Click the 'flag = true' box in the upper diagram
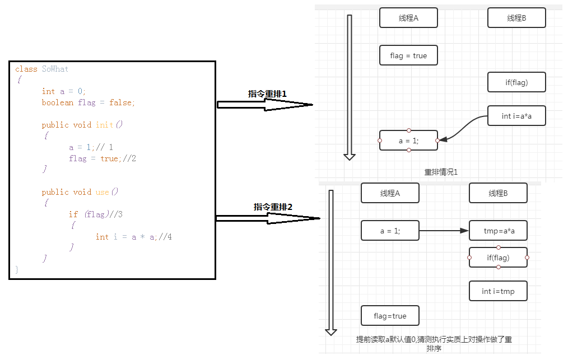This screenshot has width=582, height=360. (x=408, y=55)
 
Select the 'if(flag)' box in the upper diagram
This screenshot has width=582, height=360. (x=516, y=82)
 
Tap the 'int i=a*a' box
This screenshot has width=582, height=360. (x=516, y=116)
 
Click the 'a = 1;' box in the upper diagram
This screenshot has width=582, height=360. (x=408, y=141)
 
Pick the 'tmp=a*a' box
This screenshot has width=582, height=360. (x=498, y=231)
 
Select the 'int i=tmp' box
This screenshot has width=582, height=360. (x=498, y=291)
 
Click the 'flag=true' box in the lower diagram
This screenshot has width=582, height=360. (x=390, y=316)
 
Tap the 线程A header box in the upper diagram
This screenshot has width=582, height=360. (x=408, y=18)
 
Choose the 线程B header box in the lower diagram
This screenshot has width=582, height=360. (x=498, y=193)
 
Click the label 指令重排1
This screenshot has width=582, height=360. (x=267, y=94)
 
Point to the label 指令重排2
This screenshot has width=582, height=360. (x=273, y=207)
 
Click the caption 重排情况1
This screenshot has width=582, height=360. (x=441, y=172)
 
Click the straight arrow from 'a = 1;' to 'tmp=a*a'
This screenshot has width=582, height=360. (x=444, y=231)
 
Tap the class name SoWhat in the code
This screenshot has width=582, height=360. (x=55, y=69)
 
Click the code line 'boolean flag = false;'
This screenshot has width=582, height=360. (x=88, y=102)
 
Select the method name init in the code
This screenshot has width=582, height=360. (x=104, y=125)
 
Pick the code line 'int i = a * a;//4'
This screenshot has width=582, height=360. (x=133, y=237)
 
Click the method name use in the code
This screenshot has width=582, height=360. (x=102, y=192)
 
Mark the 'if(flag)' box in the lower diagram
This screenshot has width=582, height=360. (x=498, y=258)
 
